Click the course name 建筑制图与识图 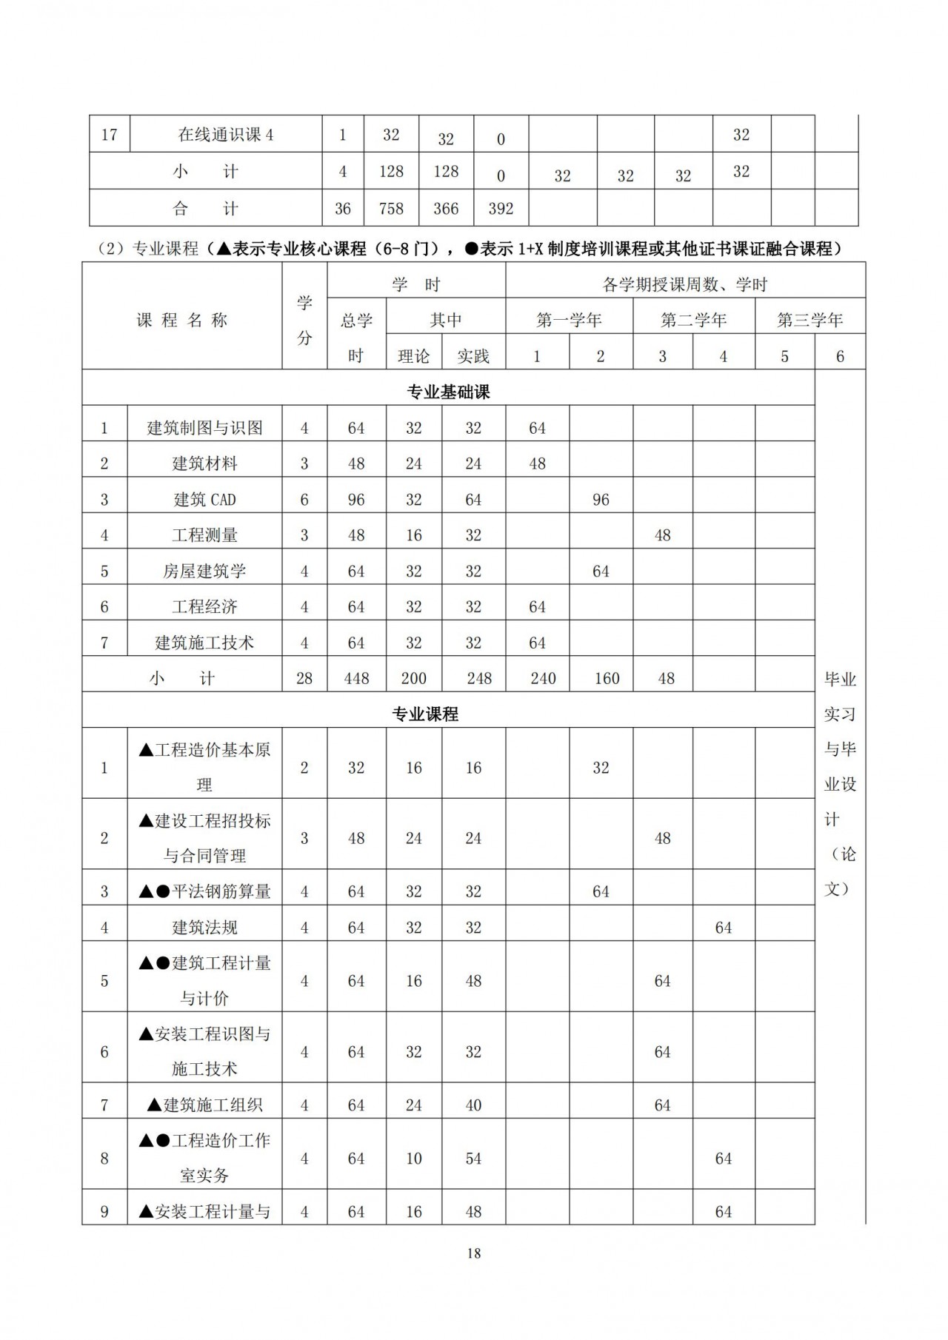pos(204,428)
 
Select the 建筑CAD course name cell pos(204,500)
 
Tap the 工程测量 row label pos(204,535)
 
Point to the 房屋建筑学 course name pos(204,572)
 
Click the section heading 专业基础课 pos(448,392)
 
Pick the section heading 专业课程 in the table pos(425,714)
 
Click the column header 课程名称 pos(181,321)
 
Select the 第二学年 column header pos(693,321)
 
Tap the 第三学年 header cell pos(810,321)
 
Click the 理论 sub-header pos(413,356)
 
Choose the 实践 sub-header pos(473,356)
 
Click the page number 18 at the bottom pos(474,1253)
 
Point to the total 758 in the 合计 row pos(391,209)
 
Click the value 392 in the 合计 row pos(501,209)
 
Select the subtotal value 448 pos(356,678)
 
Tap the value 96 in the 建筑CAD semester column pos(601,500)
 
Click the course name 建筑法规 pos(204,928)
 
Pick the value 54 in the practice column pos(473,1159)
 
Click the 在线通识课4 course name pos(226,135)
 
